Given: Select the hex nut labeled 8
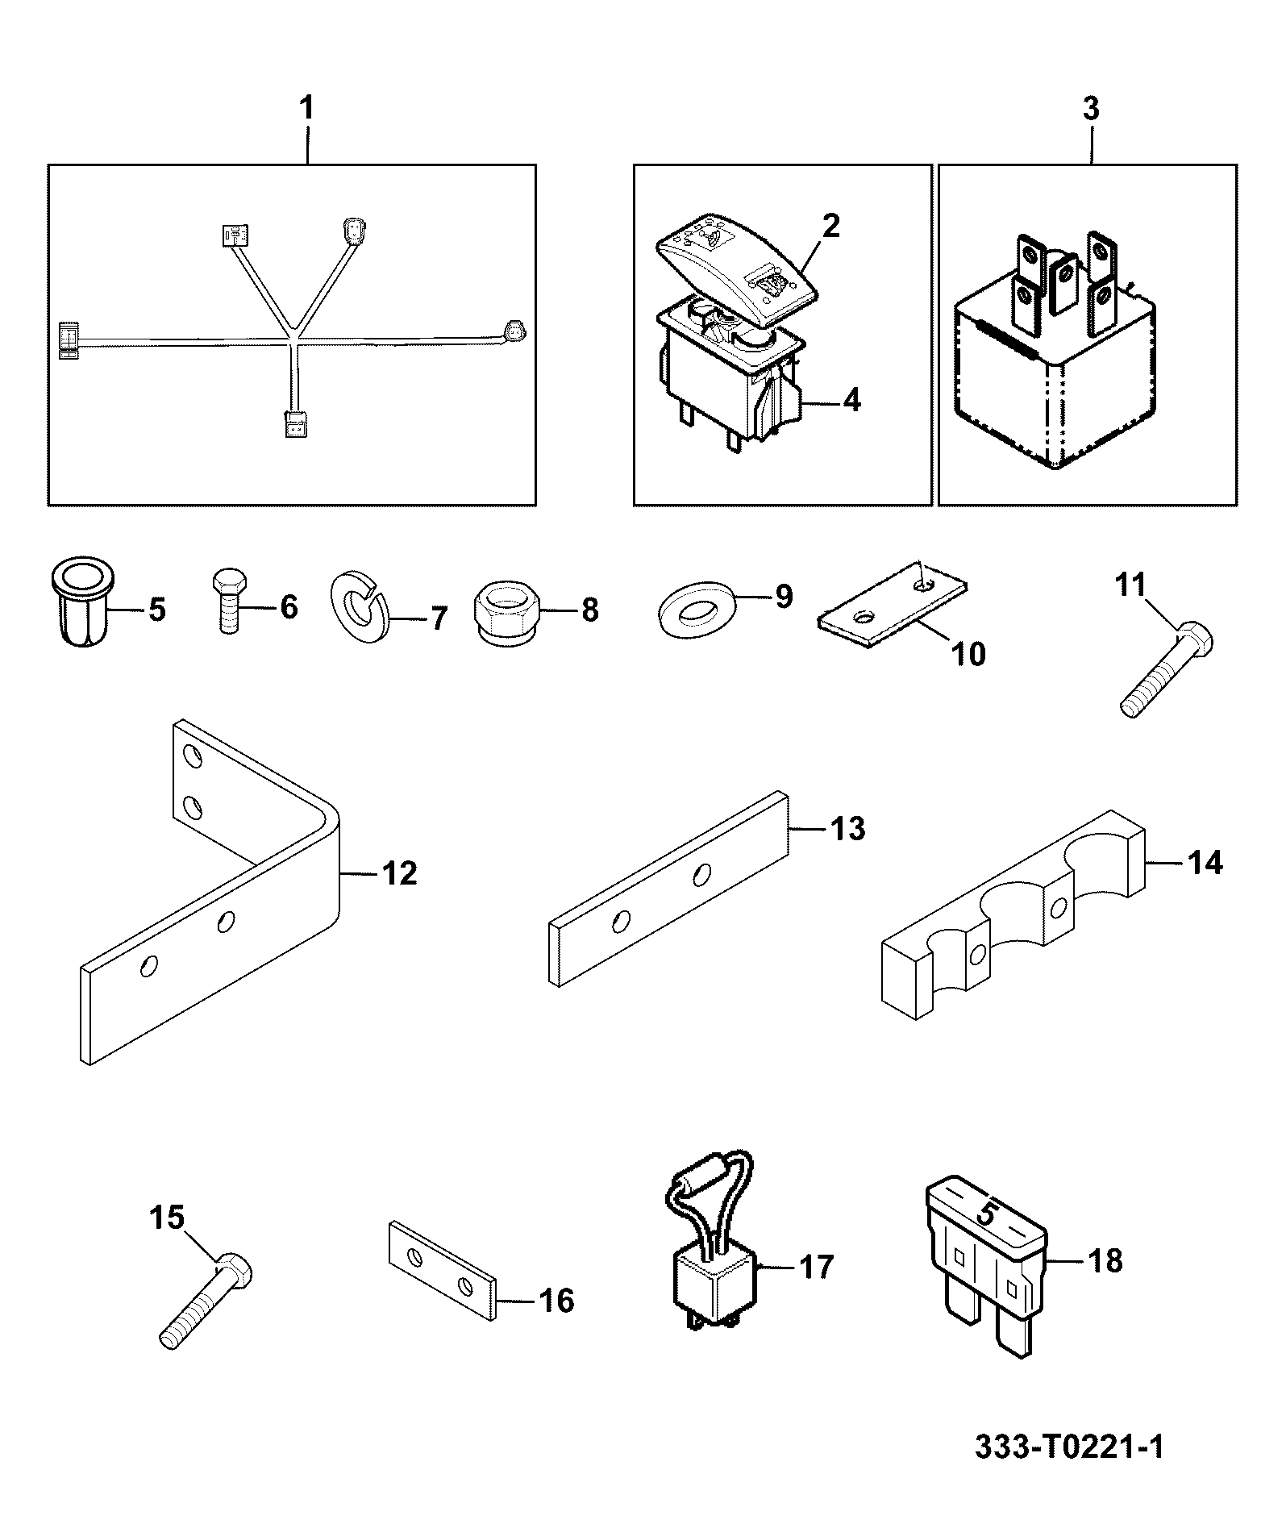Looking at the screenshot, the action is pyautogui.click(x=505, y=610).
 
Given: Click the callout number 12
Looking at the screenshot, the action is pyautogui.click(x=399, y=872).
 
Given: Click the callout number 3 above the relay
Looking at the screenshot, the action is pyautogui.click(x=1090, y=109).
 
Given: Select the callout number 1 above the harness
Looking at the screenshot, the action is pyautogui.click(x=306, y=109).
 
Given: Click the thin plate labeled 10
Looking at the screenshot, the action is pyautogui.click(x=893, y=604).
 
